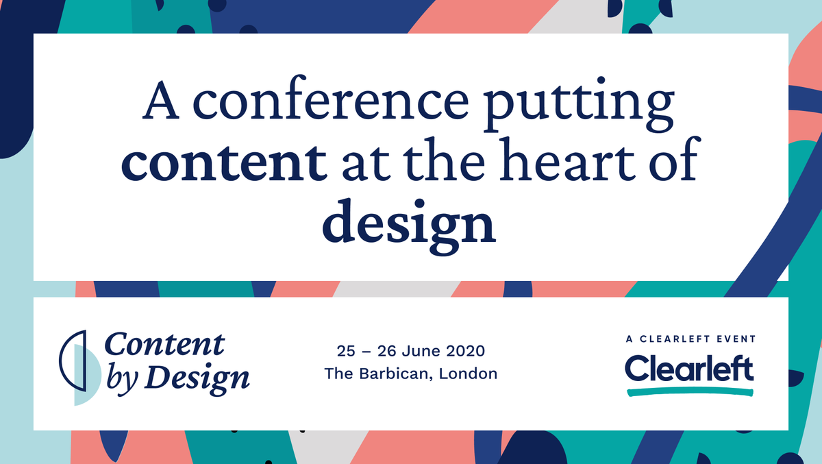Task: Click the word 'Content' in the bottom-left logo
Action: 164,344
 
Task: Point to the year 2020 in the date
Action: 465,352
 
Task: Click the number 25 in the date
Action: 347,352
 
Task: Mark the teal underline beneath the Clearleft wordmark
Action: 690,391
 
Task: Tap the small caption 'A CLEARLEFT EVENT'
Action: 690,339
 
